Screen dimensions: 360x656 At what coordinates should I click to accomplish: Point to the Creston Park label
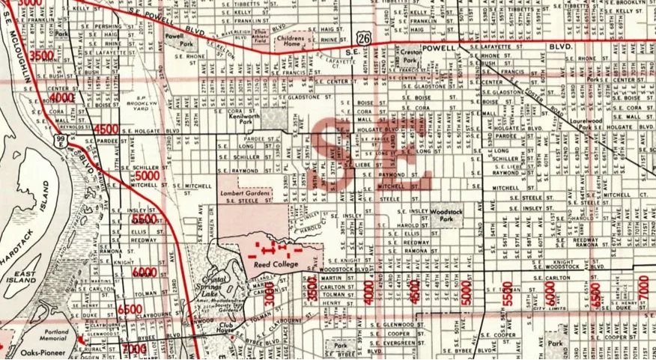[x=410, y=59]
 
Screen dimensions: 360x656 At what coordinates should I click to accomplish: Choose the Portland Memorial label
[x=53, y=335]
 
